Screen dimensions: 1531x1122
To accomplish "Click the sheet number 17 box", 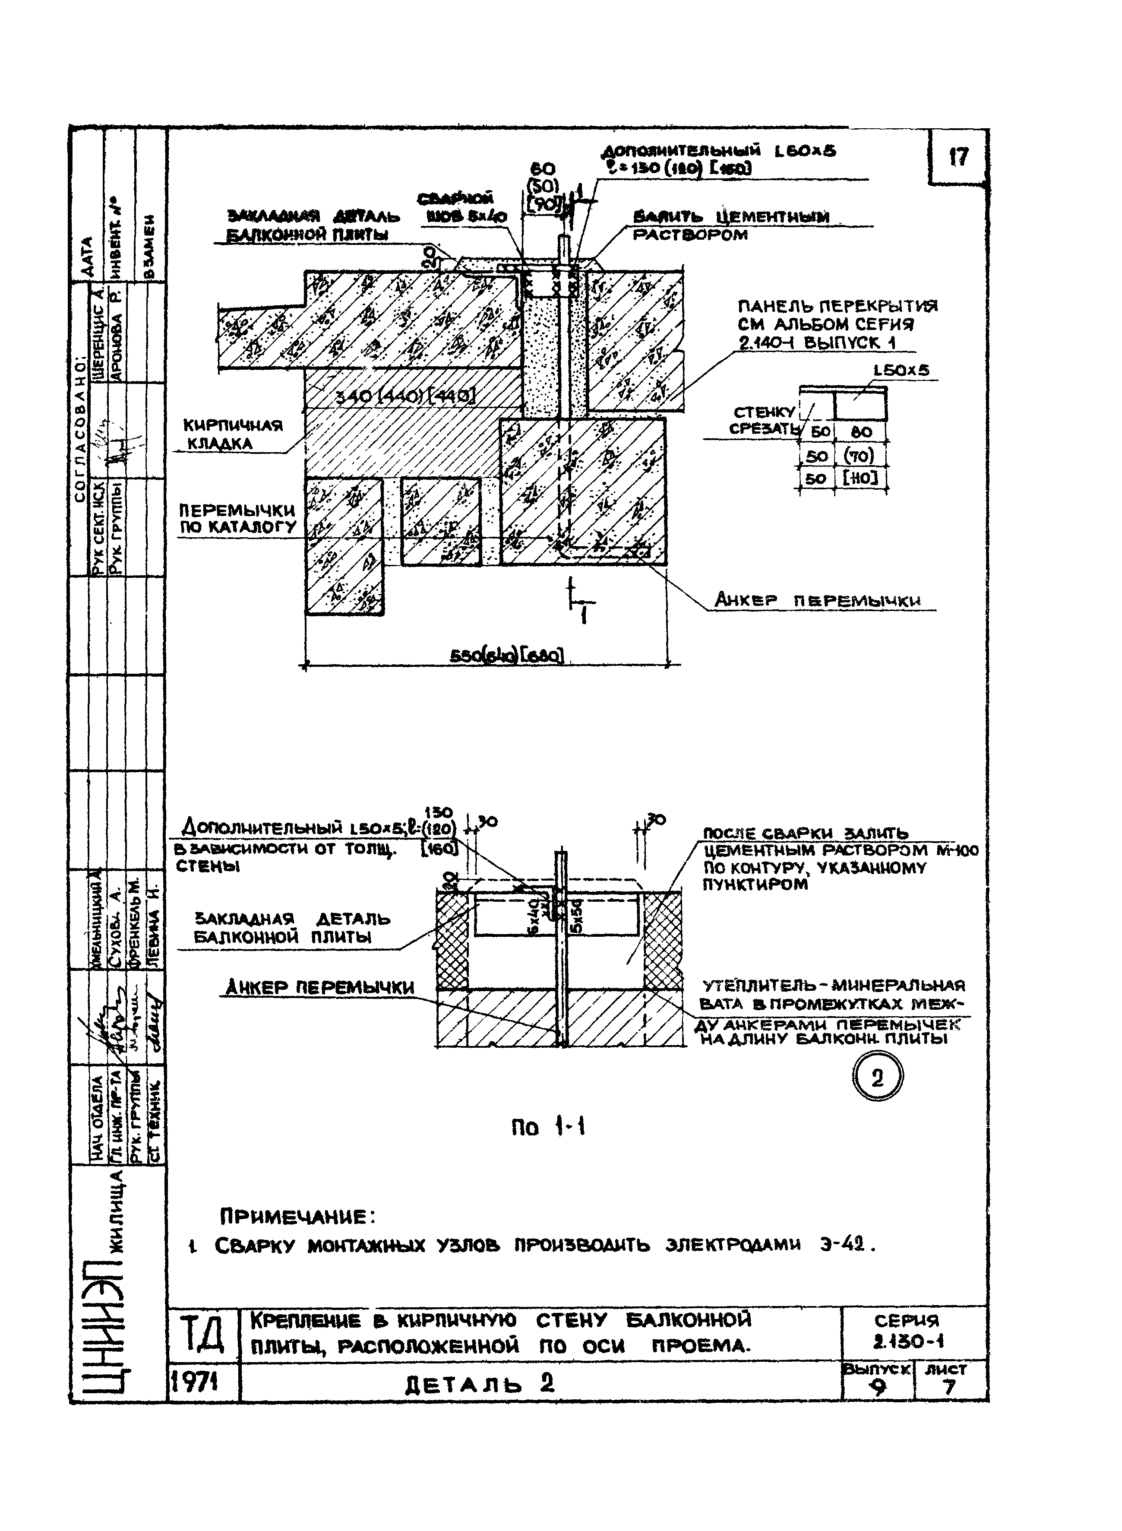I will (x=957, y=158).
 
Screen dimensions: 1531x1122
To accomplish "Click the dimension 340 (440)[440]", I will (x=405, y=396).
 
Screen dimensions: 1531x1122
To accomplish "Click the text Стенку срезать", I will (x=763, y=421).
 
